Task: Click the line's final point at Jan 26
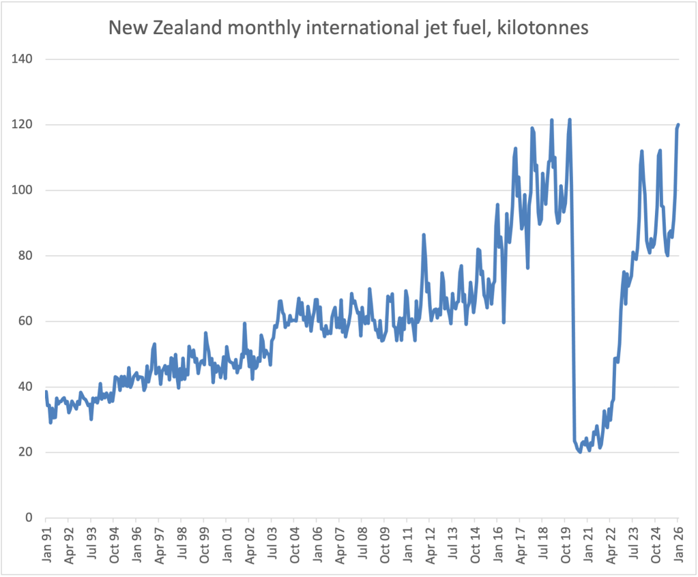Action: [x=678, y=125]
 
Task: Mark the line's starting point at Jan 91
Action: [x=46, y=391]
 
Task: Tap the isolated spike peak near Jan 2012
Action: [x=424, y=235]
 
